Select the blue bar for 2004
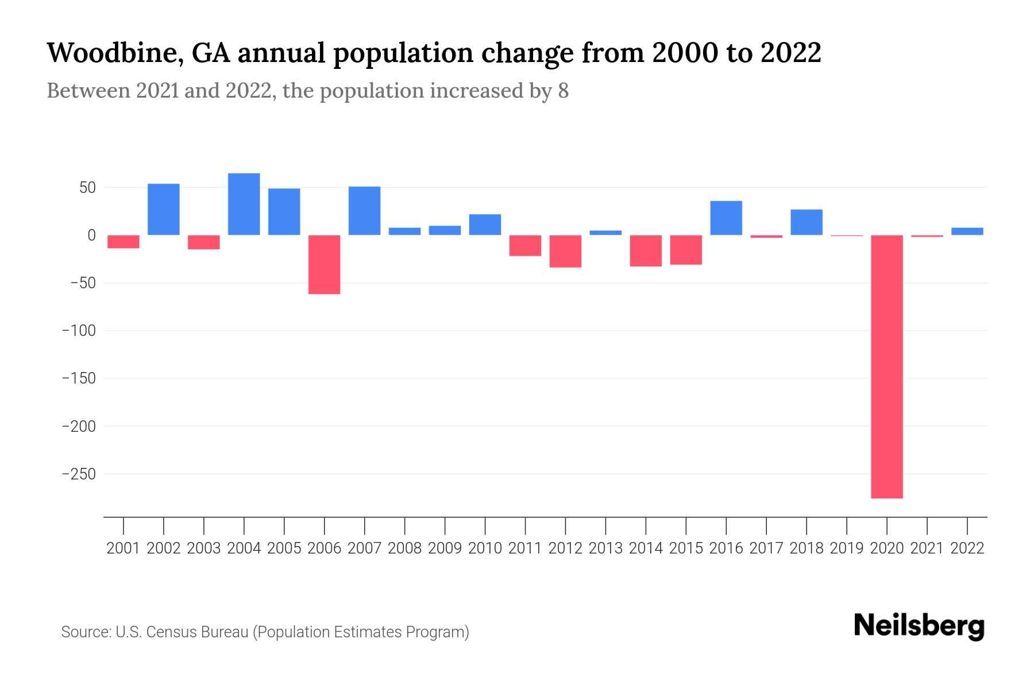(x=244, y=204)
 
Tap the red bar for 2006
(x=325, y=265)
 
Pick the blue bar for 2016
(x=726, y=218)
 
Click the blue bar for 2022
(x=967, y=231)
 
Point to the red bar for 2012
(x=566, y=251)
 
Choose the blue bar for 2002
(x=164, y=210)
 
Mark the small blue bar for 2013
(x=605, y=233)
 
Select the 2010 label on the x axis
(x=485, y=548)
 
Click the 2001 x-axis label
(x=124, y=548)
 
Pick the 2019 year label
(x=847, y=548)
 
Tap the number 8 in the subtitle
(x=563, y=91)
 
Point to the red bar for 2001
(x=124, y=242)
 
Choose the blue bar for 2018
(x=807, y=222)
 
